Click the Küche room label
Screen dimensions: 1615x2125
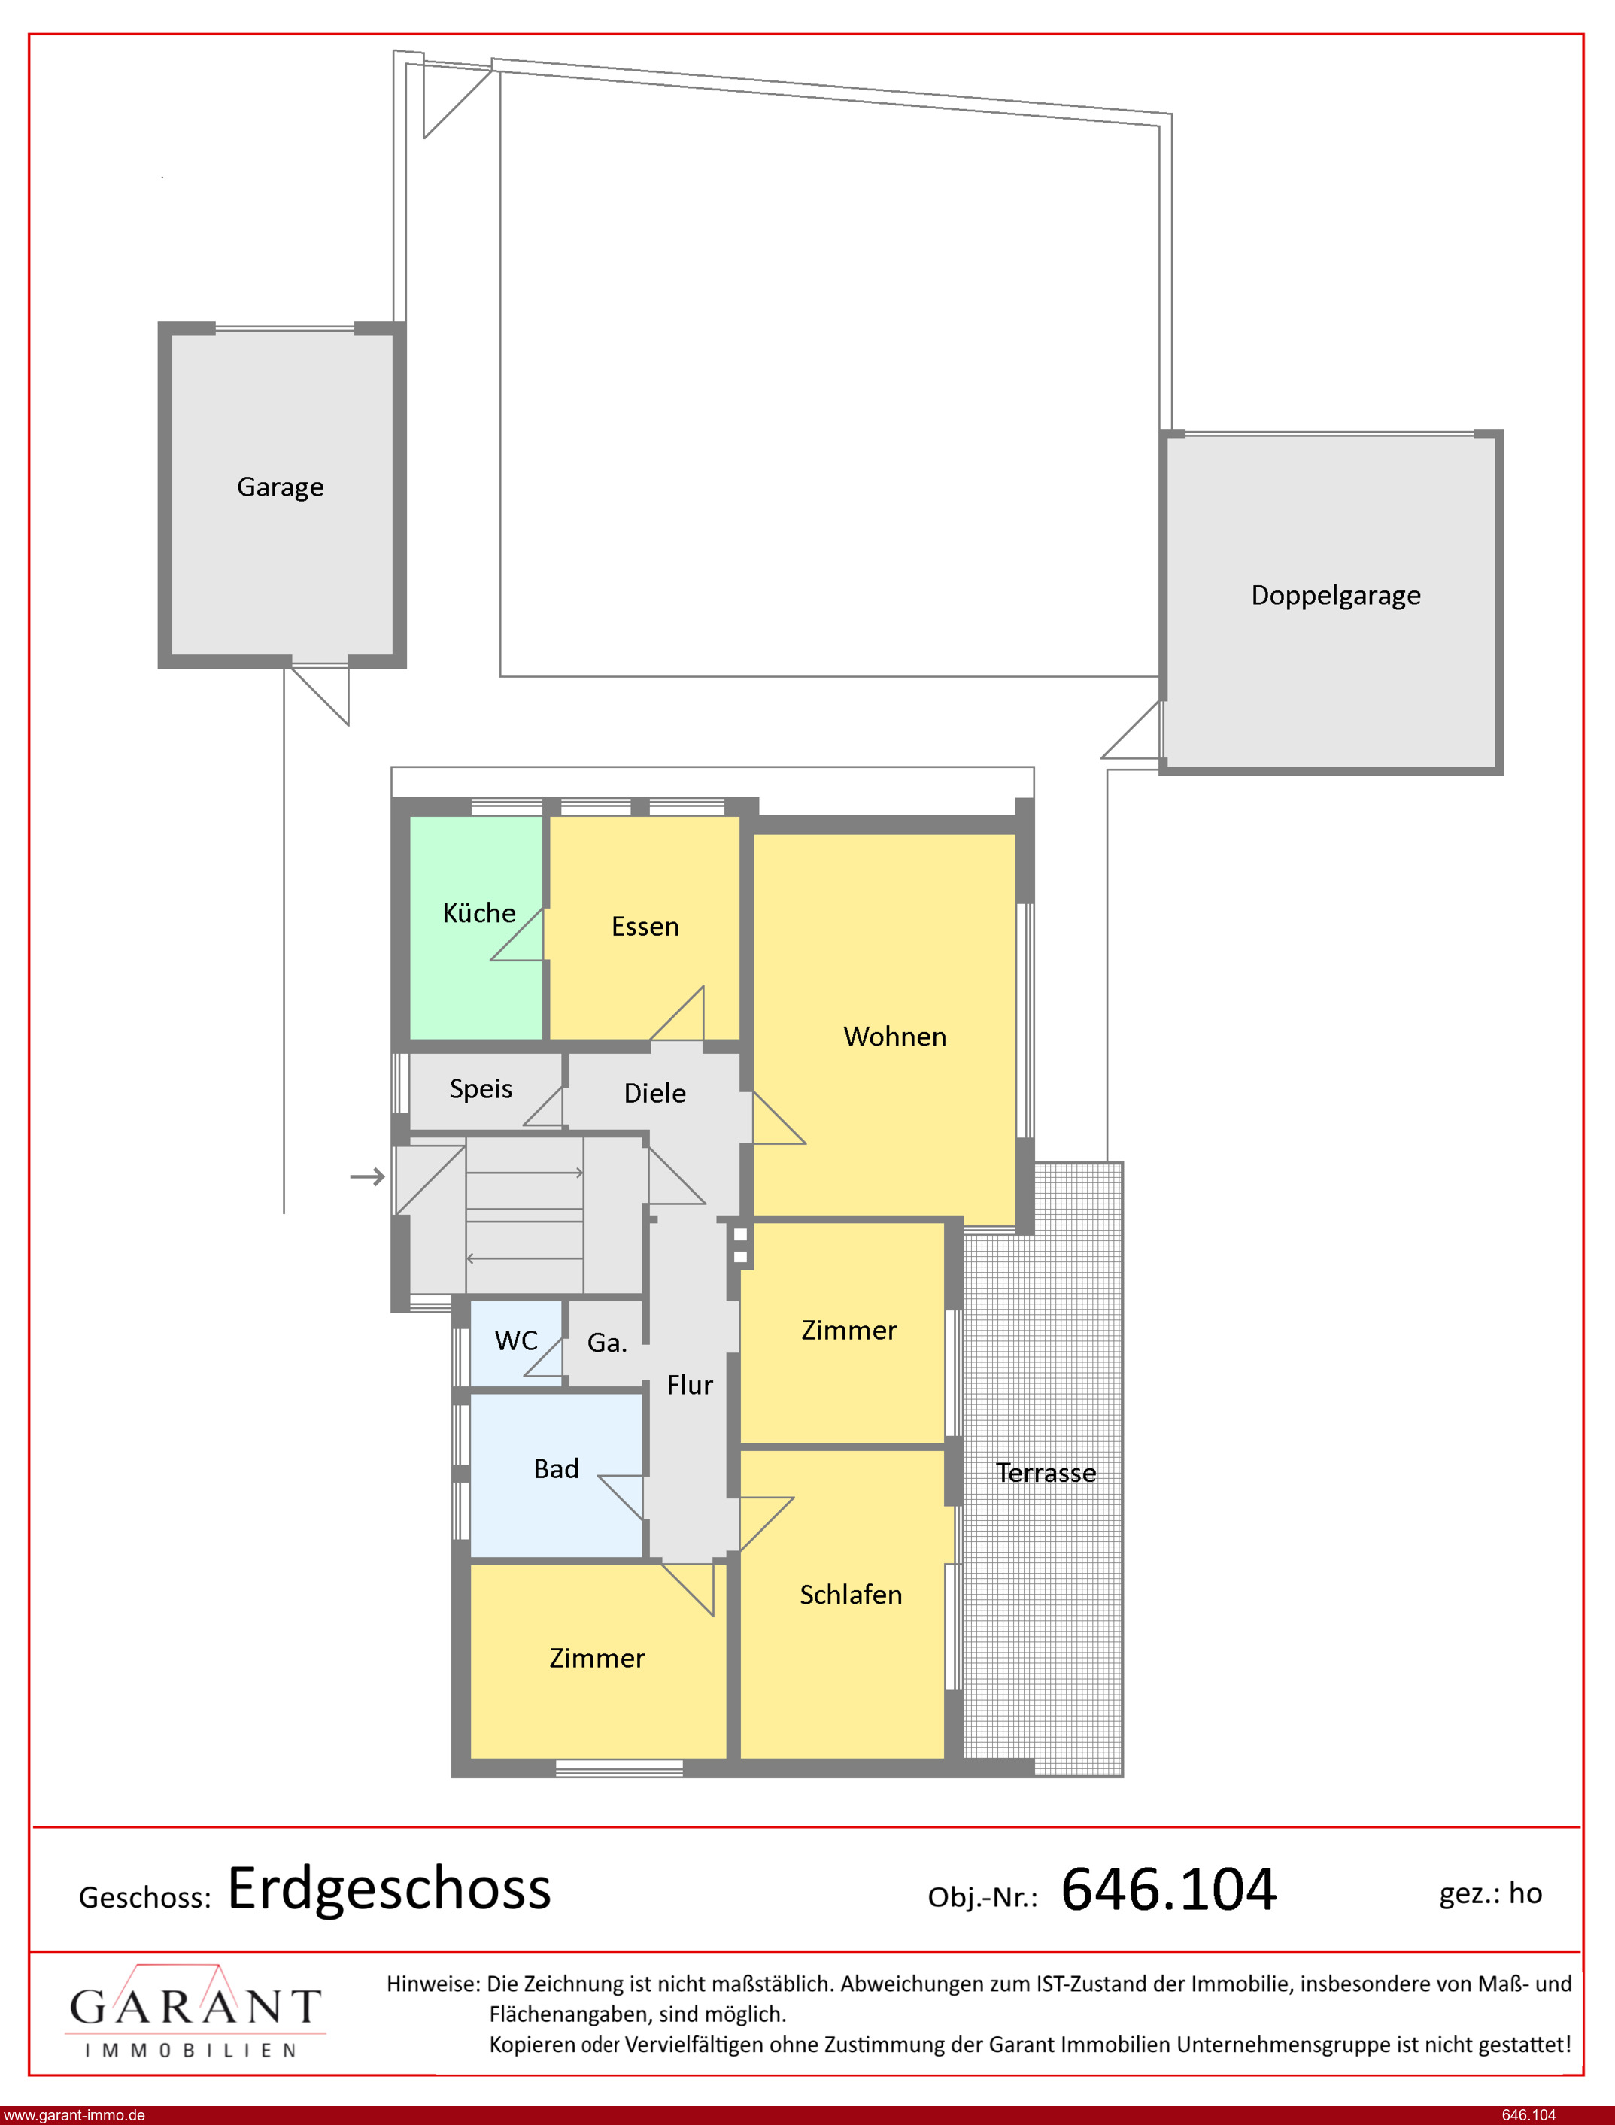click(478, 913)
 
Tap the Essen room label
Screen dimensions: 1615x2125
click(645, 927)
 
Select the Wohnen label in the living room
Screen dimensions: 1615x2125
click(895, 1036)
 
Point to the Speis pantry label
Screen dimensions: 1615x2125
click(481, 1089)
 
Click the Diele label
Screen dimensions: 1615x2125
click(654, 1093)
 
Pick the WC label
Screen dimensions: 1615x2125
click(516, 1340)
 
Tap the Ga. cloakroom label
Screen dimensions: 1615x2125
click(606, 1343)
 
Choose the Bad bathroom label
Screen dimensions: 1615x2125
click(556, 1468)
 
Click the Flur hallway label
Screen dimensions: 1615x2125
click(689, 1385)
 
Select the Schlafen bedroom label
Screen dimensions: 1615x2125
click(851, 1595)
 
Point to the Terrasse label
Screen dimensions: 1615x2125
click(1046, 1472)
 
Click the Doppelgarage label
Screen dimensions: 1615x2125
click(1335, 596)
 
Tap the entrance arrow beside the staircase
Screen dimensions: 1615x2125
click(367, 1176)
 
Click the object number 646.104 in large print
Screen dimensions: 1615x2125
click(1168, 1889)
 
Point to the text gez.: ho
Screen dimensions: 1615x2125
click(1490, 1893)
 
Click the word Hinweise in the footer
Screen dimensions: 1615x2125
click(433, 1984)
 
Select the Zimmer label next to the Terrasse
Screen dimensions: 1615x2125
click(848, 1330)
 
